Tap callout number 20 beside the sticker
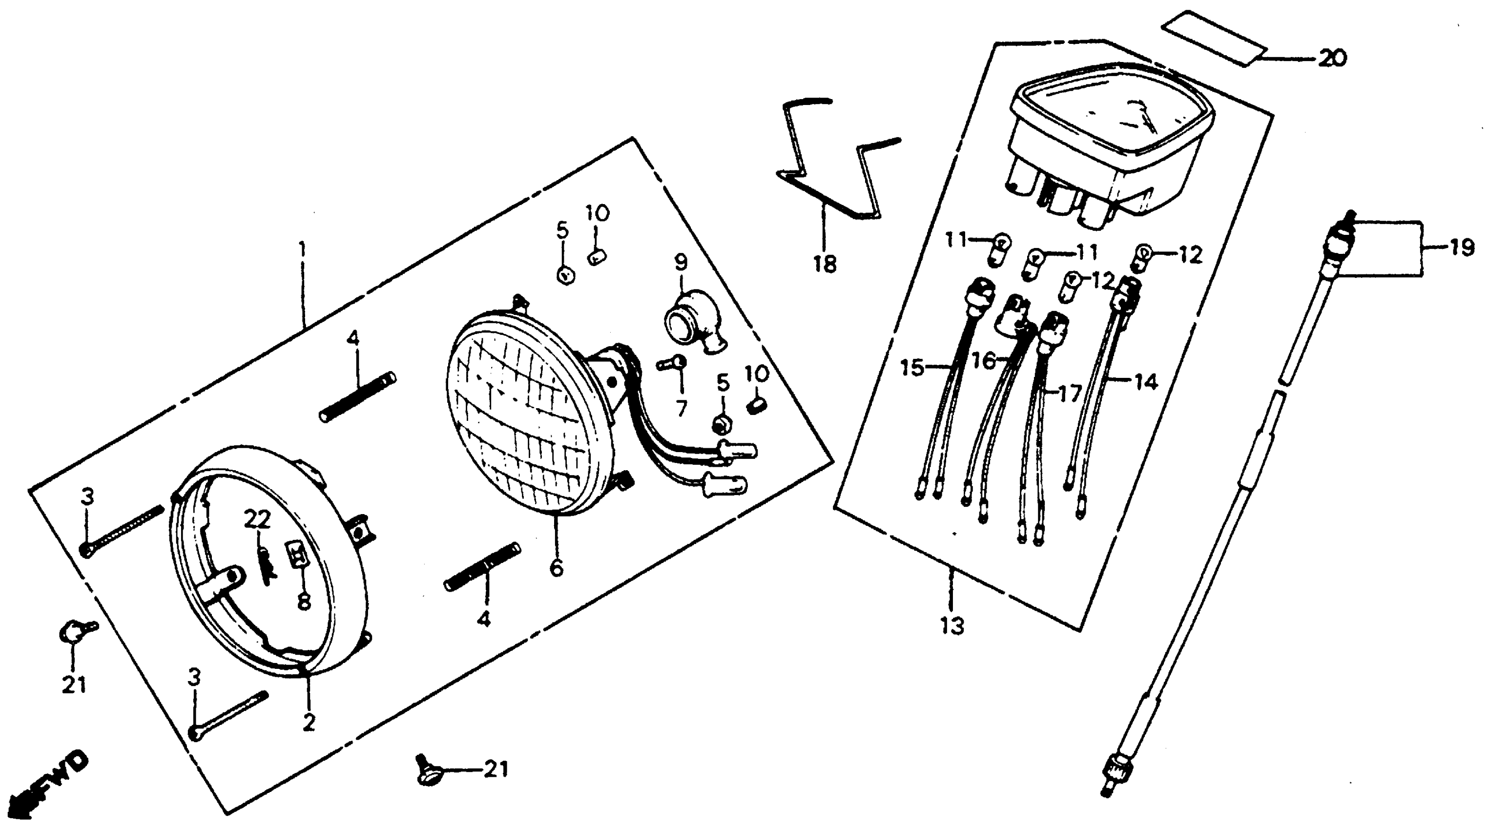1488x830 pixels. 1331,58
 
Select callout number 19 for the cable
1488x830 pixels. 1460,249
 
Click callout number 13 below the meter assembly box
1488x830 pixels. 952,625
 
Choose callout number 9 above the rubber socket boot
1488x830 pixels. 681,263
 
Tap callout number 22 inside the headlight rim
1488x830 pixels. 257,520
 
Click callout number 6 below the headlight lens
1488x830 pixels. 556,568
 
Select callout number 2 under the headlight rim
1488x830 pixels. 309,722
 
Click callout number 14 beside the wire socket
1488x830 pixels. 1146,382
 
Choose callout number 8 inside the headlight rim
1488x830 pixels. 303,602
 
